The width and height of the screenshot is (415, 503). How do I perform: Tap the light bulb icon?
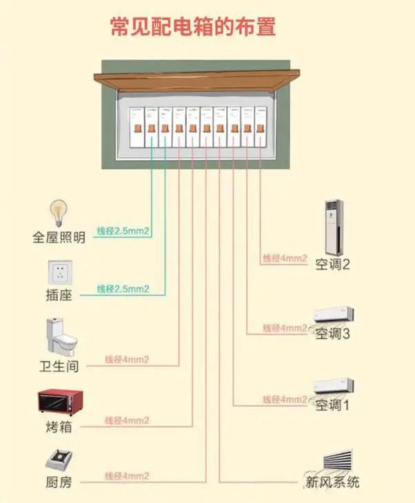58,213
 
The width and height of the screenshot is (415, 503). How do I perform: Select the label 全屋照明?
59,238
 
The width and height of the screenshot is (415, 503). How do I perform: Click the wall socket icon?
59,273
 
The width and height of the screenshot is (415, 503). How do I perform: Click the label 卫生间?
59,366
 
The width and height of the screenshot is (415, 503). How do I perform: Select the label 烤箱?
59,427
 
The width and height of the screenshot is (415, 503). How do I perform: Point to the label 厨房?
59,482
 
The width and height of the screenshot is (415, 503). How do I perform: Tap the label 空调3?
332,334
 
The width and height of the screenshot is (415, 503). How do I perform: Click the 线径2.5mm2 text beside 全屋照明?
122,231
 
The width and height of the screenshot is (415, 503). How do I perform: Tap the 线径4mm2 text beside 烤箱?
127,420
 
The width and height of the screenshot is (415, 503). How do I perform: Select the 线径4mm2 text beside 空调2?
284,259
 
